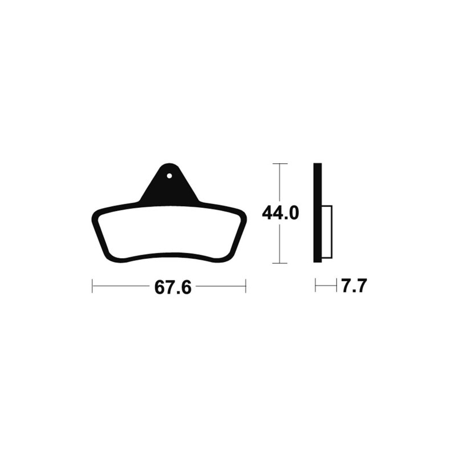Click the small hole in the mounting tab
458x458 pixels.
pyautogui.click(x=169, y=176)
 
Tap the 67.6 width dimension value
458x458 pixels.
pyautogui.click(x=173, y=287)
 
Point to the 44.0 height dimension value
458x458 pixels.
pyautogui.click(x=281, y=213)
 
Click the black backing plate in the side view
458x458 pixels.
pyautogui.click(x=318, y=212)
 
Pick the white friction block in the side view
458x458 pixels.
pyautogui.click(x=327, y=232)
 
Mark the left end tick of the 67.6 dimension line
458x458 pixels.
pyautogui.click(x=92, y=286)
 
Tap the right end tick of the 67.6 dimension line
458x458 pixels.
pyautogui.click(x=246, y=286)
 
